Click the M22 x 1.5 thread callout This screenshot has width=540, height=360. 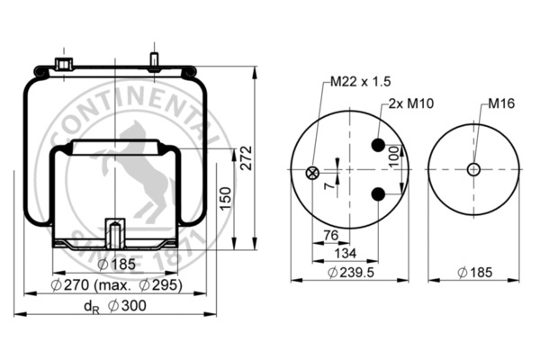(361, 82)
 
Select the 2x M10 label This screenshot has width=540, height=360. (411, 103)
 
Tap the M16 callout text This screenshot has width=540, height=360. (501, 103)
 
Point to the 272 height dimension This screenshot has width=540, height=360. (247, 158)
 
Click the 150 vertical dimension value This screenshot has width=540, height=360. (226, 198)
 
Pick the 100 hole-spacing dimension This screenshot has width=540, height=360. (394, 156)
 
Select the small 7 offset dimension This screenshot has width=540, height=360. (329, 185)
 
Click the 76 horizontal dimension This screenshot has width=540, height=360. (331, 235)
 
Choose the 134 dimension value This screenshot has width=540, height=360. (346, 253)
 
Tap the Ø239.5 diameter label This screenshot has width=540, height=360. (351, 273)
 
